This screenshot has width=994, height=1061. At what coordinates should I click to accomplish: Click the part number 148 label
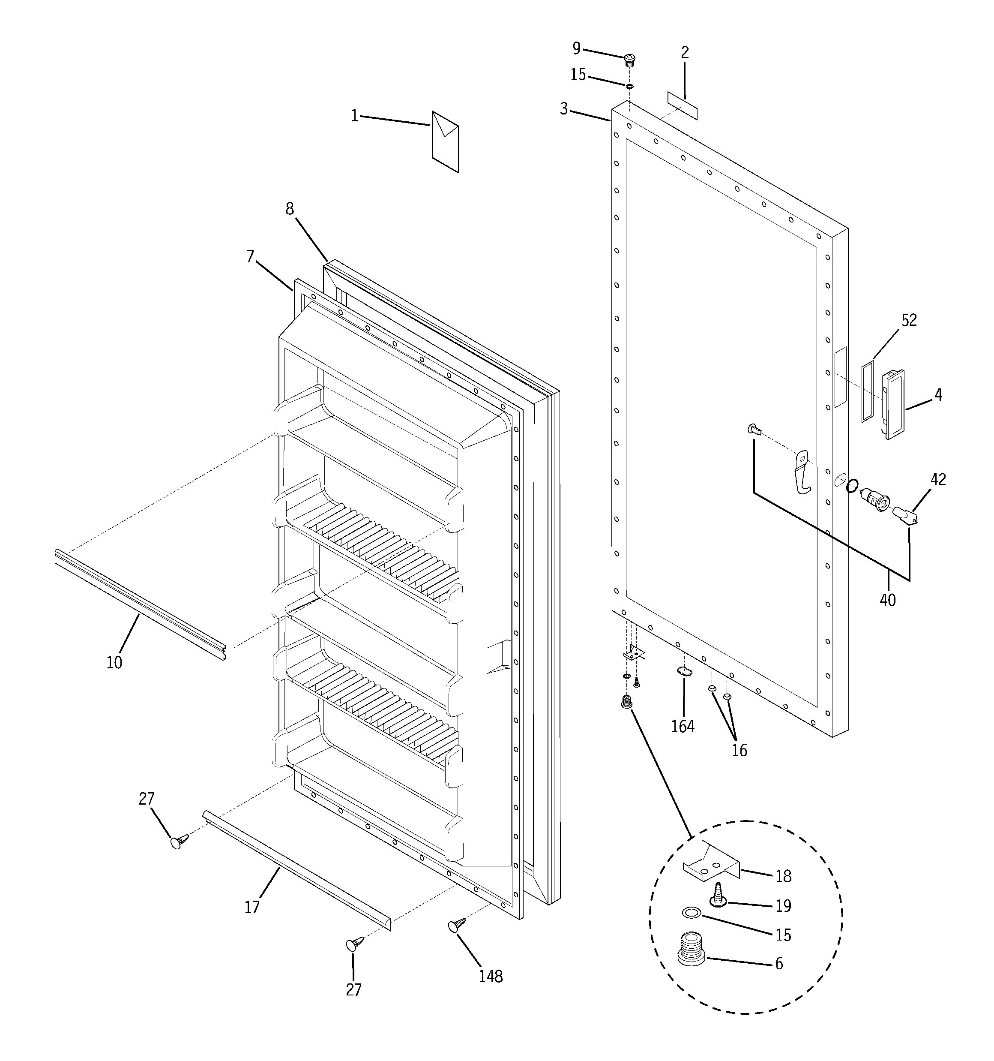coord(490,976)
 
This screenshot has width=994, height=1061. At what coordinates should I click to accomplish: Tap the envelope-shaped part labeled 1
coord(445,142)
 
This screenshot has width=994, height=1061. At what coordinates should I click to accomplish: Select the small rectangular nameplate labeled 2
coord(683,105)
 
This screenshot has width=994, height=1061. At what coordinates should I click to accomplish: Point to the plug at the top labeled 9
coord(631,60)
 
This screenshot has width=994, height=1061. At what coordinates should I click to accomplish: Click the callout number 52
coord(909,320)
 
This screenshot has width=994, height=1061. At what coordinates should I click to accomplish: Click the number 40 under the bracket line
coord(887,600)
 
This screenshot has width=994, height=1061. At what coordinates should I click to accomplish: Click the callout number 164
coord(683,726)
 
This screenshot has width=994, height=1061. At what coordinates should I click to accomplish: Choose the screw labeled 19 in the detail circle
coord(718,895)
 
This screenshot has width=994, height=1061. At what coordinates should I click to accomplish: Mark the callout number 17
coord(252,907)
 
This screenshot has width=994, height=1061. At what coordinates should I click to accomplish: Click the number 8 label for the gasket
coord(289,209)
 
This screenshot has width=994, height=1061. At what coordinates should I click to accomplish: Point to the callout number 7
coord(250,257)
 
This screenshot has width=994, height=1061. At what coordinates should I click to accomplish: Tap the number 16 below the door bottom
coord(739,750)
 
